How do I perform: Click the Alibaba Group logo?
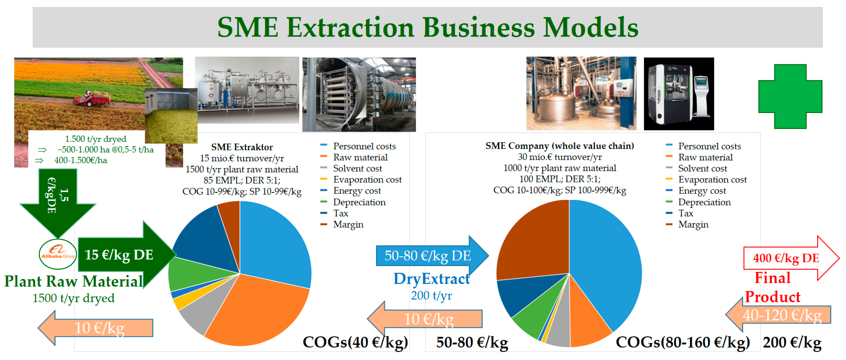(58, 254)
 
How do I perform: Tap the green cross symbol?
(790, 96)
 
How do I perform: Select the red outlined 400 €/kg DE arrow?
(791, 258)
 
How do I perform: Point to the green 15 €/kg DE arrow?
(127, 255)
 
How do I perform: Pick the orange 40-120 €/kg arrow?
(778, 315)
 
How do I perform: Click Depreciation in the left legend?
(359, 202)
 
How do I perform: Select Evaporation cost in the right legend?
(712, 180)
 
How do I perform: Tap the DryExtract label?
(432, 279)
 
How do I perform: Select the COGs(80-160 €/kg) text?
(683, 342)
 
